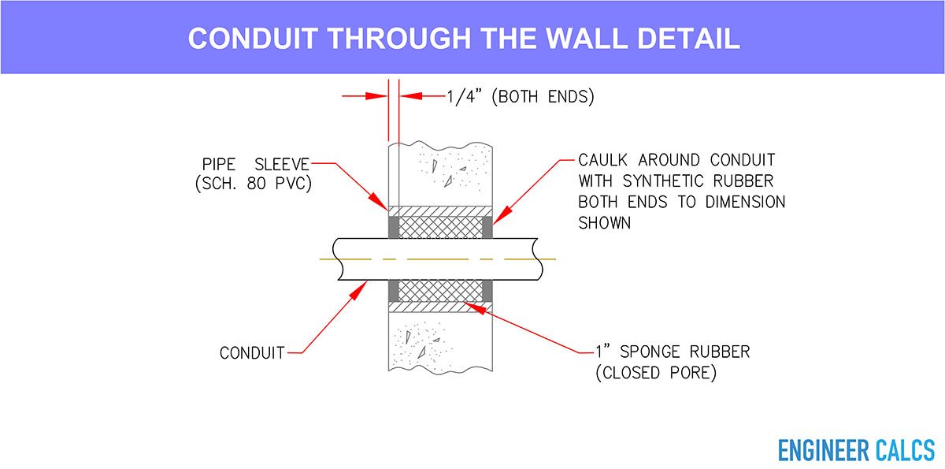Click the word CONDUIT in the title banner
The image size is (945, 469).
click(x=253, y=39)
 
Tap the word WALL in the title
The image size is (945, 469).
click(x=587, y=39)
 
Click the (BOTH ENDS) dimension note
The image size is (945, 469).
click(x=543, y=97)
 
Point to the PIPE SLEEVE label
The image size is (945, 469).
click(x=256, y=164)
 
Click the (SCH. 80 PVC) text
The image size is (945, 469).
click(x=254, y=184)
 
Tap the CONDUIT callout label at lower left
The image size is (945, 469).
click(x=252, y=353)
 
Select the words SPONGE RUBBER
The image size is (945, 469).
click(x=684, y=352)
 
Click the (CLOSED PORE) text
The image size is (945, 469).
click(x=656, y=373)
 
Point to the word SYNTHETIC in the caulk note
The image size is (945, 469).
click(x=663, y=181)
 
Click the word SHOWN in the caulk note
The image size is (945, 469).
click(x=604, y=223)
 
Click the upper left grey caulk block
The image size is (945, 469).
click(x=393, y=228)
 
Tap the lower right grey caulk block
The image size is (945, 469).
click(x=487, y=290)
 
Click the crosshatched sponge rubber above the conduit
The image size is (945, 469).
click(x=440, y=228)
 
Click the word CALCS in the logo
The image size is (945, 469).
click(x=906, y=450)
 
